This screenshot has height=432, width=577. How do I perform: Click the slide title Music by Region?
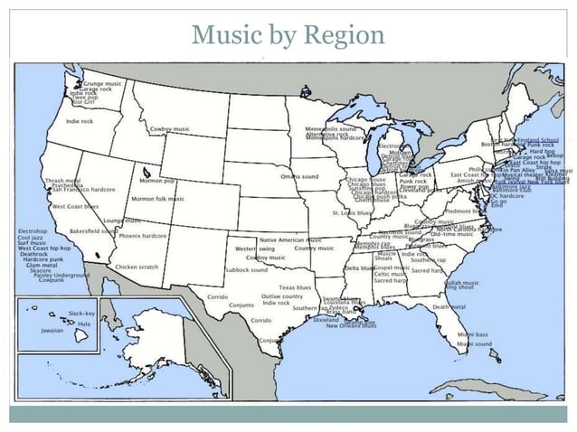click(x=288, y=36)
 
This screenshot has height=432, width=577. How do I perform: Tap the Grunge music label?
click(x=102, y=83)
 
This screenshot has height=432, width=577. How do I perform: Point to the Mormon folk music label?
click(x=158, y=199)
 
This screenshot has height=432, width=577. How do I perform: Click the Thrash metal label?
click(x=62, y=181)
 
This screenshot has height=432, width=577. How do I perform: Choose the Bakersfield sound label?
click(x=93, y=230)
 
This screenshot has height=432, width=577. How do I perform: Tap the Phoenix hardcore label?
click(x=143, y=236)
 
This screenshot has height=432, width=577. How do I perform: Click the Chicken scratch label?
click(x=137, y=268)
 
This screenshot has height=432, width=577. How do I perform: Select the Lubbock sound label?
click(x=247, y=269)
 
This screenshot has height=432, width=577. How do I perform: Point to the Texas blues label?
click(x=295, y=287)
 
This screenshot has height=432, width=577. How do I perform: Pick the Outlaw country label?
click(x=283, y=296)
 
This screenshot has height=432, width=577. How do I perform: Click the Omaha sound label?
click(x=298, y=176)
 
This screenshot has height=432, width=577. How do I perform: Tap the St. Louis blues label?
click(x=352, y=212)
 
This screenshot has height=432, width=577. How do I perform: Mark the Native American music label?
click(x=289, y=239)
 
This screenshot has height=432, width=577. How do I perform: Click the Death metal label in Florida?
click(x=449, y=307)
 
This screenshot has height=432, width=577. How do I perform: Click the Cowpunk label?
click(x=52, y=281)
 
